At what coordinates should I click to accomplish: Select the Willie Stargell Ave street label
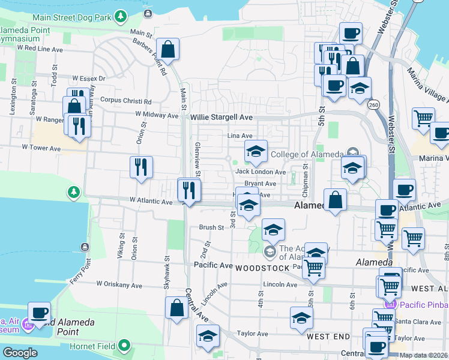click(221, 118)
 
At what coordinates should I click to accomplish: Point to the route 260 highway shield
click(373, 104)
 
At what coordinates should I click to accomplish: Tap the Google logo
click(20, 353)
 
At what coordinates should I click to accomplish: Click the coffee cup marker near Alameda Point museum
click(40, 313)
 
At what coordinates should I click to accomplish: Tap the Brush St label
click(211, 227)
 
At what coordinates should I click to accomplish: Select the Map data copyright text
click(424, 355)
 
